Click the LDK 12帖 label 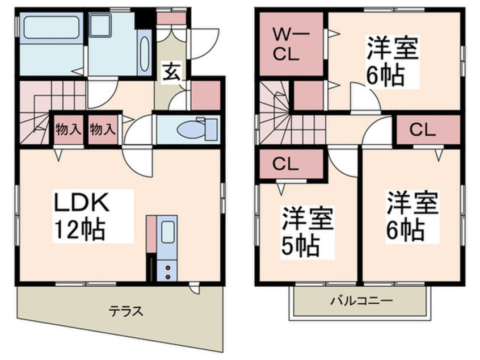(79, 216)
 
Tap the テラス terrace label (125, 311)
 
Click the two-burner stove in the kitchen (168, 269)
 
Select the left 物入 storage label (68, 129)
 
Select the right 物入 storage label (102, 129)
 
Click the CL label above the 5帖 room (287, 164)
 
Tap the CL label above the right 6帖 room (423, 130)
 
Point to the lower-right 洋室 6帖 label (412, 216)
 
